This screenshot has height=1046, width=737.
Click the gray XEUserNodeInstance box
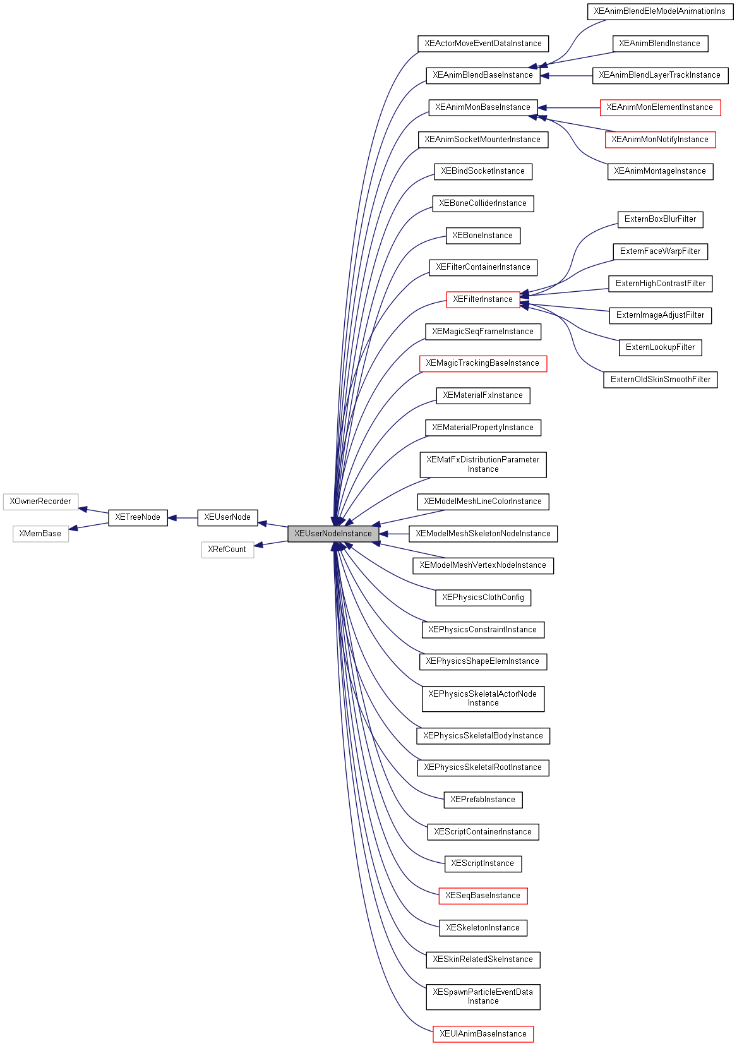333,534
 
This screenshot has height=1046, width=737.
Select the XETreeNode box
138,517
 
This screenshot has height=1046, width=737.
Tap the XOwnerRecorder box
40,502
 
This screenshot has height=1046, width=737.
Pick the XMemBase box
40,534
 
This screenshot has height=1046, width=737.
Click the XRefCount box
227,550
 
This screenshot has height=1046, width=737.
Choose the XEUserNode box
227,517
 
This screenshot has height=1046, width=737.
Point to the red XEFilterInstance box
482,299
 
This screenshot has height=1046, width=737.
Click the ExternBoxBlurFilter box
660,219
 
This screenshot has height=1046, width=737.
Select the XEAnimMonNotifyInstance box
660,140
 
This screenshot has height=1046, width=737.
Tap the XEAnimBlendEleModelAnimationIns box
659,11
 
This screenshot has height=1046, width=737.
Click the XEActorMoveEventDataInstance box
483,44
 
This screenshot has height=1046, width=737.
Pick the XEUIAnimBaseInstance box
483,1034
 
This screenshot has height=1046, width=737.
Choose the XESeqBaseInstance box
482,896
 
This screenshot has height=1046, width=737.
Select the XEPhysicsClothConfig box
483,598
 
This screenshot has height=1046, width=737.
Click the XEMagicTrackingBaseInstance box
482,363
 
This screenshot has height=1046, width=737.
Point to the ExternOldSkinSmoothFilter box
660,380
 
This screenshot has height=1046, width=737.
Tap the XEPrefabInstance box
482,800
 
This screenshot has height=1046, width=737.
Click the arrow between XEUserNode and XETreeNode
183,518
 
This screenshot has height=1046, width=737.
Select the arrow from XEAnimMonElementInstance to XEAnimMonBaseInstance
568,108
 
